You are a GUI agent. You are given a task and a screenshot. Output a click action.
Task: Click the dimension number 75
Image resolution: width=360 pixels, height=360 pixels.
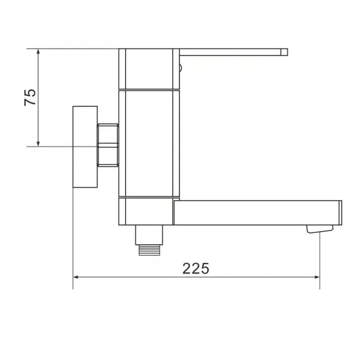(x=30, y=98)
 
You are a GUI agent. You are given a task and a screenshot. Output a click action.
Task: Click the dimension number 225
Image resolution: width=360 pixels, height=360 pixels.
(x=196, y=268)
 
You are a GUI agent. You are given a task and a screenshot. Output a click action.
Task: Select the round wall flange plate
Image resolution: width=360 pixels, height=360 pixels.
(x=85, y=147)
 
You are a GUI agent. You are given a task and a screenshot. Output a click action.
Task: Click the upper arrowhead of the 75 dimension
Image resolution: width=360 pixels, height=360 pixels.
(x=39, y=52)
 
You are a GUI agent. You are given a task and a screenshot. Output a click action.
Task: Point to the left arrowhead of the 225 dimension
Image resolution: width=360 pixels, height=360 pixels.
(x=77, y=277)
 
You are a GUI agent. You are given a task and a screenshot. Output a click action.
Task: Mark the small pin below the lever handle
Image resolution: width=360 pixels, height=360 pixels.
(x=179, y=64)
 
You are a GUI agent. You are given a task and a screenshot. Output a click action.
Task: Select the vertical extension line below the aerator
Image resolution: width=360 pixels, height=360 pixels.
(x=320, y=259)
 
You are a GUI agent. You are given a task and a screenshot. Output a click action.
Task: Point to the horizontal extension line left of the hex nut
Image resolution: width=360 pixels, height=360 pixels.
(x=63, y=147)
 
